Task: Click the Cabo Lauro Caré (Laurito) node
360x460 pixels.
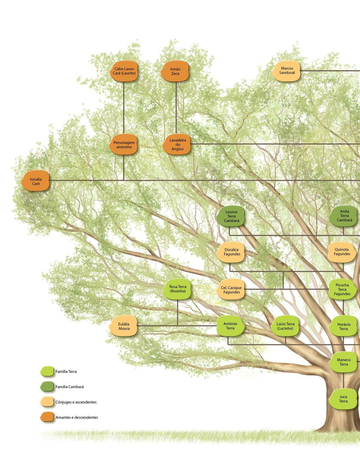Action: pos(124,71)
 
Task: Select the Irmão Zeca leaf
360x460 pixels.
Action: pos(176,71)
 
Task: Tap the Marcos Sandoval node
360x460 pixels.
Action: pos(287,71)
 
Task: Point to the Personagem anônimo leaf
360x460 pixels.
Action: pos(124,145)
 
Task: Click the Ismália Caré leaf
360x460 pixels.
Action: pos(36,181)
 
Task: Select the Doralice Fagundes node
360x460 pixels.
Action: pos(232,252)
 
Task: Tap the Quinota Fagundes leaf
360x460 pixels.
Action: pos(342,252)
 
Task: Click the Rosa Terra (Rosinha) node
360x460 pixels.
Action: pos(178,289)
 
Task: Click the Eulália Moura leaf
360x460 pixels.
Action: pos(124,326)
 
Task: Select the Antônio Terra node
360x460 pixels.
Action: pos(230,326)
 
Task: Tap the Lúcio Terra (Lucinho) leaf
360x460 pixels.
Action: pos(285,326)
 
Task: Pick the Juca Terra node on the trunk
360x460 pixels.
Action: pos(343,399)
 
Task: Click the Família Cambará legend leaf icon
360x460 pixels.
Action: pos(47,387)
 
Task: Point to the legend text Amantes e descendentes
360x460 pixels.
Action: pos(77,417)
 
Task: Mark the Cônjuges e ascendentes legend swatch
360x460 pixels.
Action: pos(47,402)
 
